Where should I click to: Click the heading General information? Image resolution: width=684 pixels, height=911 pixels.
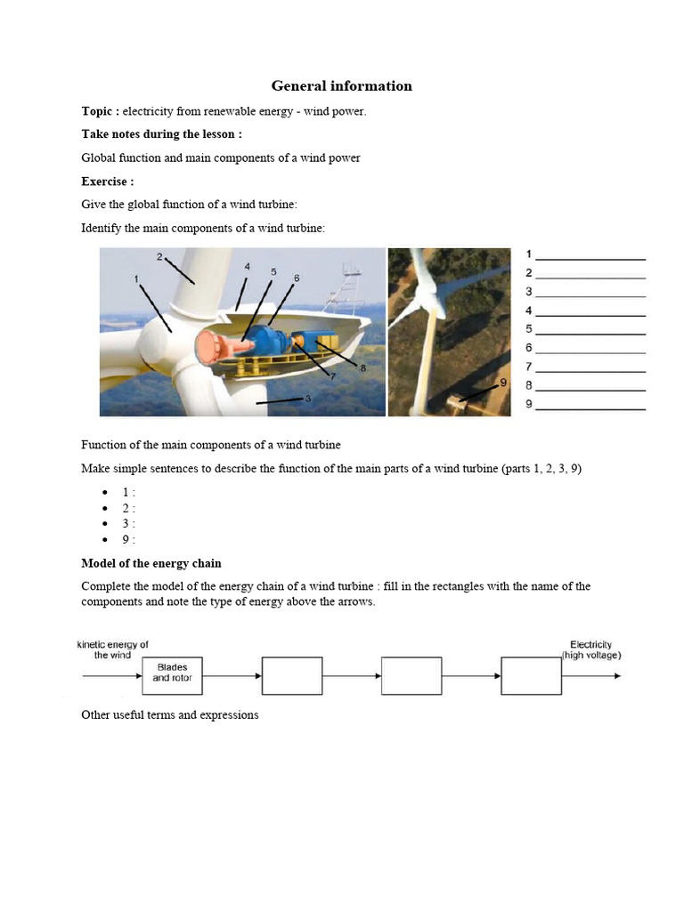coord(341,86)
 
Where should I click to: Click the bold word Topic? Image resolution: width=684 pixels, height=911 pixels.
coord(98,111)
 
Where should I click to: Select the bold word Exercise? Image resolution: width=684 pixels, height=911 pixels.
coord(106,181)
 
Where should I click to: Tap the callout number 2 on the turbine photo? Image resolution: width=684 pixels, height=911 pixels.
coord(159,257)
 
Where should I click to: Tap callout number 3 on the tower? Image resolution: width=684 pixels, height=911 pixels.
coord(307,399)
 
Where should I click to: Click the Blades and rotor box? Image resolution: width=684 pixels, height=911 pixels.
coord(172,676)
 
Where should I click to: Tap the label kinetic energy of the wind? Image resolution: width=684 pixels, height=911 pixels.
coord(113,649)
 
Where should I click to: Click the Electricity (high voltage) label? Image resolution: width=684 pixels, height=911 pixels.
coord(590,649)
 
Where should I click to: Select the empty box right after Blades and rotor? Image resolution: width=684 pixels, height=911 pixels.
coord(292,676)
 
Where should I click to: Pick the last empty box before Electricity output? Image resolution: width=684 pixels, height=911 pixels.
coord(531,676)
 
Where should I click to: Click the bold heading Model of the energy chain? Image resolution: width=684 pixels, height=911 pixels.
coord(151,563)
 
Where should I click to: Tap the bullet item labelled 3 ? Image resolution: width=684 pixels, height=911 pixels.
coord(129,524)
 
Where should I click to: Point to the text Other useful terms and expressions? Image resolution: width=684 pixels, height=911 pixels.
coord(170,714)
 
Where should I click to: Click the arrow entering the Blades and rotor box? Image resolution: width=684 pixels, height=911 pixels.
coord(111,676)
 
